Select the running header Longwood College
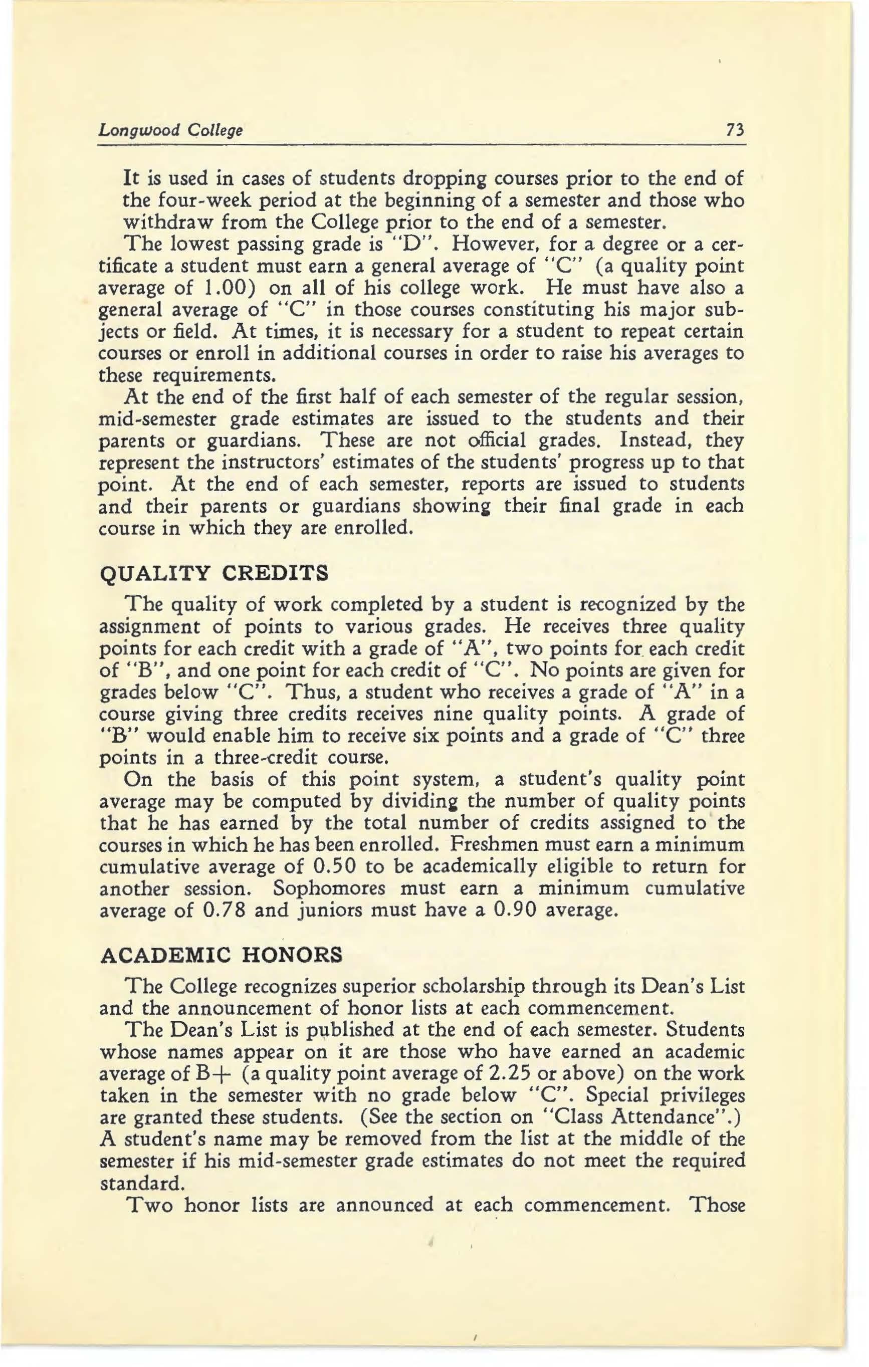pyautogui.click(x=170, y=131)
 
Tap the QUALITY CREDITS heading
pyautogui.click(x=214, y=574)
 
